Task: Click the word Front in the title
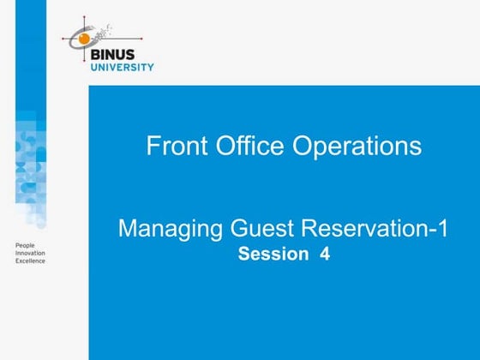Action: tap(172, 147)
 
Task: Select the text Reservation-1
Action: tap(369, 230)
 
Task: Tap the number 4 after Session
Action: tap(325, 254)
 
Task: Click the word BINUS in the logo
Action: tap(122, 54)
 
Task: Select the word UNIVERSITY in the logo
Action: tap(122, 67)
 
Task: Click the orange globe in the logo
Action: tap(83, 38)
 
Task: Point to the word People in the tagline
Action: tap(26, 246)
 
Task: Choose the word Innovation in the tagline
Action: tap(30, 254)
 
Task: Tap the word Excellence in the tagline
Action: tap(30, 261)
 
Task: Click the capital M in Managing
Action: tap(127, 230)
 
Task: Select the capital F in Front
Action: tap(153, 147)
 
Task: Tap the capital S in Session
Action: tap(243, 254)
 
